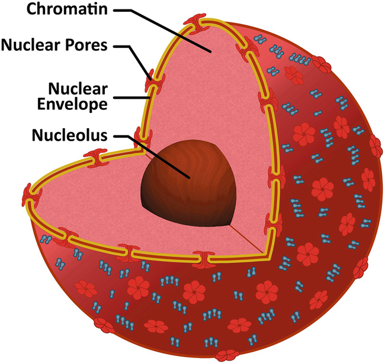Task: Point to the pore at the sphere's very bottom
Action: tap(227, 356)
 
